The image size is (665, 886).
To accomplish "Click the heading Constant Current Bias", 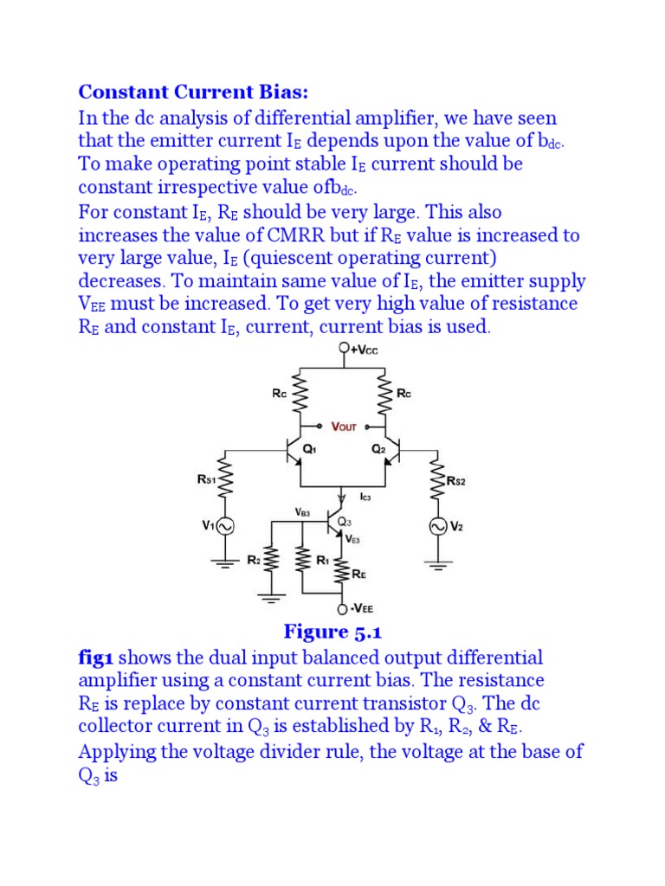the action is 193,92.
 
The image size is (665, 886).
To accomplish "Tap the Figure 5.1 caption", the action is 332,632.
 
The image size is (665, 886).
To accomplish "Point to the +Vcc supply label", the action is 363,350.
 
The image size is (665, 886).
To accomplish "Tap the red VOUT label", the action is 344,427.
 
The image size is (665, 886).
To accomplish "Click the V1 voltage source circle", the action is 228,525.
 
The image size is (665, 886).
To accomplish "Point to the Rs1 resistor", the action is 228,481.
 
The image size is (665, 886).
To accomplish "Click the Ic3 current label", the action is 365,498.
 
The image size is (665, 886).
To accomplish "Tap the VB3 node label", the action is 301,512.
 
